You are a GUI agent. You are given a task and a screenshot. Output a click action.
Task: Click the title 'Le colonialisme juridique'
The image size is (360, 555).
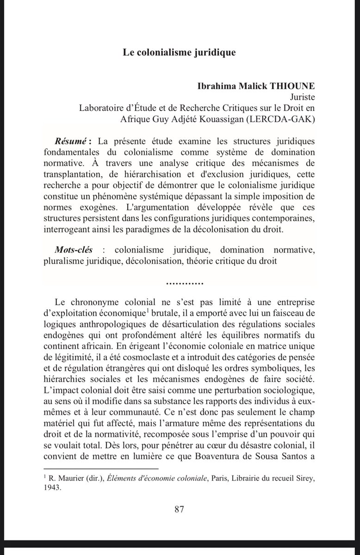pos(179,52)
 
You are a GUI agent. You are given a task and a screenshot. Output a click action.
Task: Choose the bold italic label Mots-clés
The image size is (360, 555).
pos(73,250)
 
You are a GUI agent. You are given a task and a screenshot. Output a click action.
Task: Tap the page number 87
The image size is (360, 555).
pos(180,509)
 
